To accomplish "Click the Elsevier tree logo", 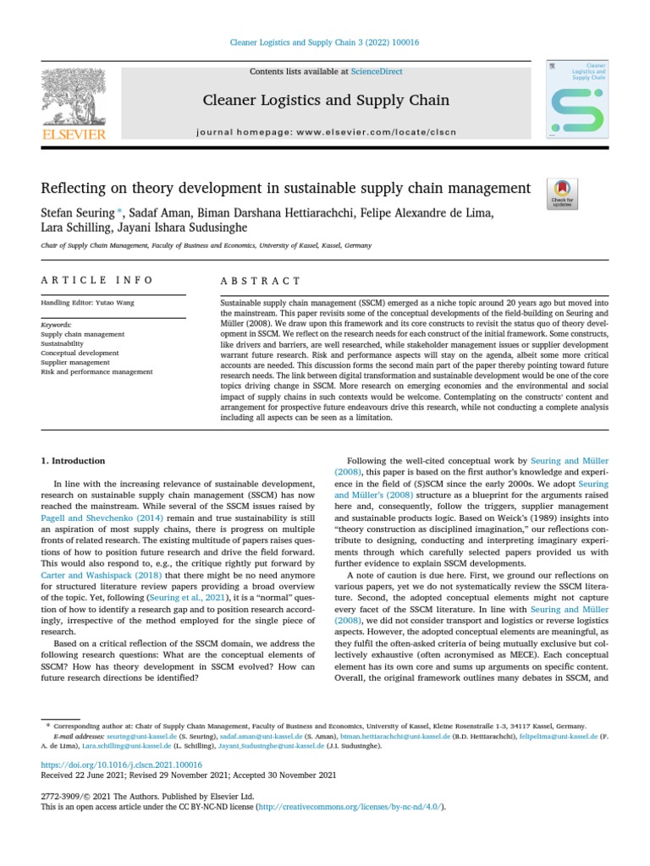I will click(73, 99).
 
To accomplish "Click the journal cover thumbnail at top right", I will click(577, 99).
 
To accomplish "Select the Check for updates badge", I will click(560, 194).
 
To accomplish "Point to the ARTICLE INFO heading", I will click(97, 280).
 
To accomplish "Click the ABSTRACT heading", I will click(261, 280).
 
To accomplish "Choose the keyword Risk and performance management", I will click(96, 371).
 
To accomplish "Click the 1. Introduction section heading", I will click(74, 461).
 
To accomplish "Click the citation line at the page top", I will click(325, 42).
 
